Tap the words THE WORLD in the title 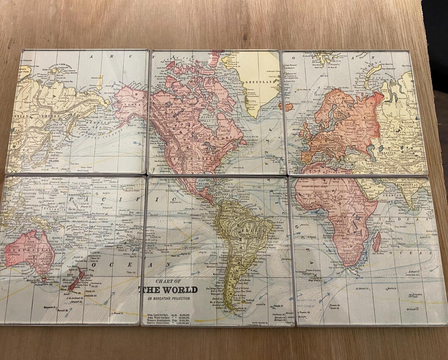170,290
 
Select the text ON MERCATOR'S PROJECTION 168,299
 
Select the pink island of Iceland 286,106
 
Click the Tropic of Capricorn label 187,247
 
